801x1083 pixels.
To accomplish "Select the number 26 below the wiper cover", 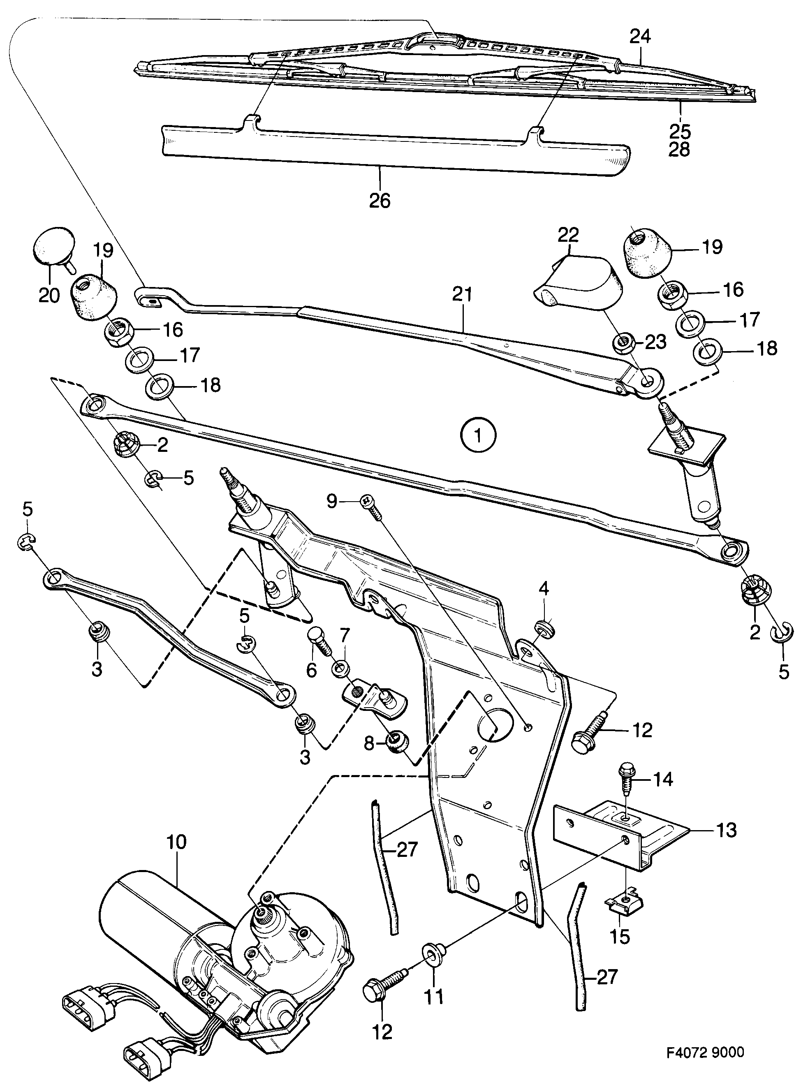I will [379, 200].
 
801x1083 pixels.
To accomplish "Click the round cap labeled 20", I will [54, 246].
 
